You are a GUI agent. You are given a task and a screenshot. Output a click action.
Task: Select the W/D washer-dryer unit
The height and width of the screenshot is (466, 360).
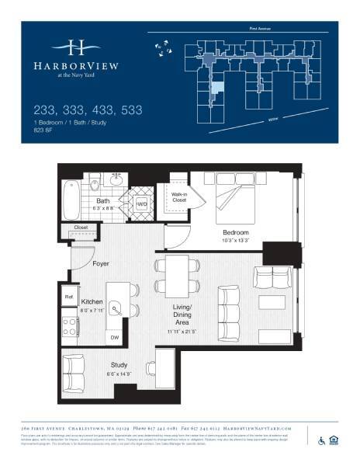tap(142, 204)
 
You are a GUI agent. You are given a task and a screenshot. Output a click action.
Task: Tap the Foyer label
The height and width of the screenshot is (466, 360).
tap(101, 263)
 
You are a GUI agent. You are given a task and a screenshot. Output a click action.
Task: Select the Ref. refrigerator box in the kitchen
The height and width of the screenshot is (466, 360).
tap(68, 296)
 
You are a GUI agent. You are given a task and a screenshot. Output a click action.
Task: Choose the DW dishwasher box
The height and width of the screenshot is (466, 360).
tap(115, 337)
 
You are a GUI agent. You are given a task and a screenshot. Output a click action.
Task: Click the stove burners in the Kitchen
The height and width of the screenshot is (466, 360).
tap(68, 322)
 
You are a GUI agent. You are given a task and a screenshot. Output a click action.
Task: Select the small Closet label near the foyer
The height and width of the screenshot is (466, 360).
tap(81, 228)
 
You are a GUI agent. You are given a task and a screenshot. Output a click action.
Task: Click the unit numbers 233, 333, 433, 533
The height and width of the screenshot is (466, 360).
tap(88, 111)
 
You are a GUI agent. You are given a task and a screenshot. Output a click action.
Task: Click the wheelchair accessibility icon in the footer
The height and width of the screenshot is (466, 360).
tap(322, 440)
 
